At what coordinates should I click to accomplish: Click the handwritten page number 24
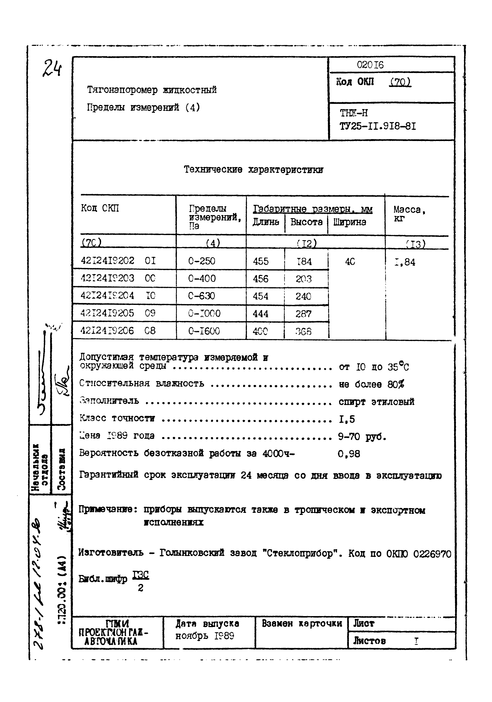(x=52, y=68)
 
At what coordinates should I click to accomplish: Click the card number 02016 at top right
(x=370, y=65)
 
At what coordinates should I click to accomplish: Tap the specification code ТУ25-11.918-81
(x=378, y=126)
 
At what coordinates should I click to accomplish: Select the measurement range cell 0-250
(x=202, y=261)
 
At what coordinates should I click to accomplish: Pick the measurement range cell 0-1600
(x=204, y=331)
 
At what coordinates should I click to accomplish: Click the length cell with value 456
(x=261, y=279)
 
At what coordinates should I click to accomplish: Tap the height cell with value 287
(x=303, y=314)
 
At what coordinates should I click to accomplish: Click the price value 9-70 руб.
(x=362, y=437)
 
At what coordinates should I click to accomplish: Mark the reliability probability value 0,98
(x=349, y=454)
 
